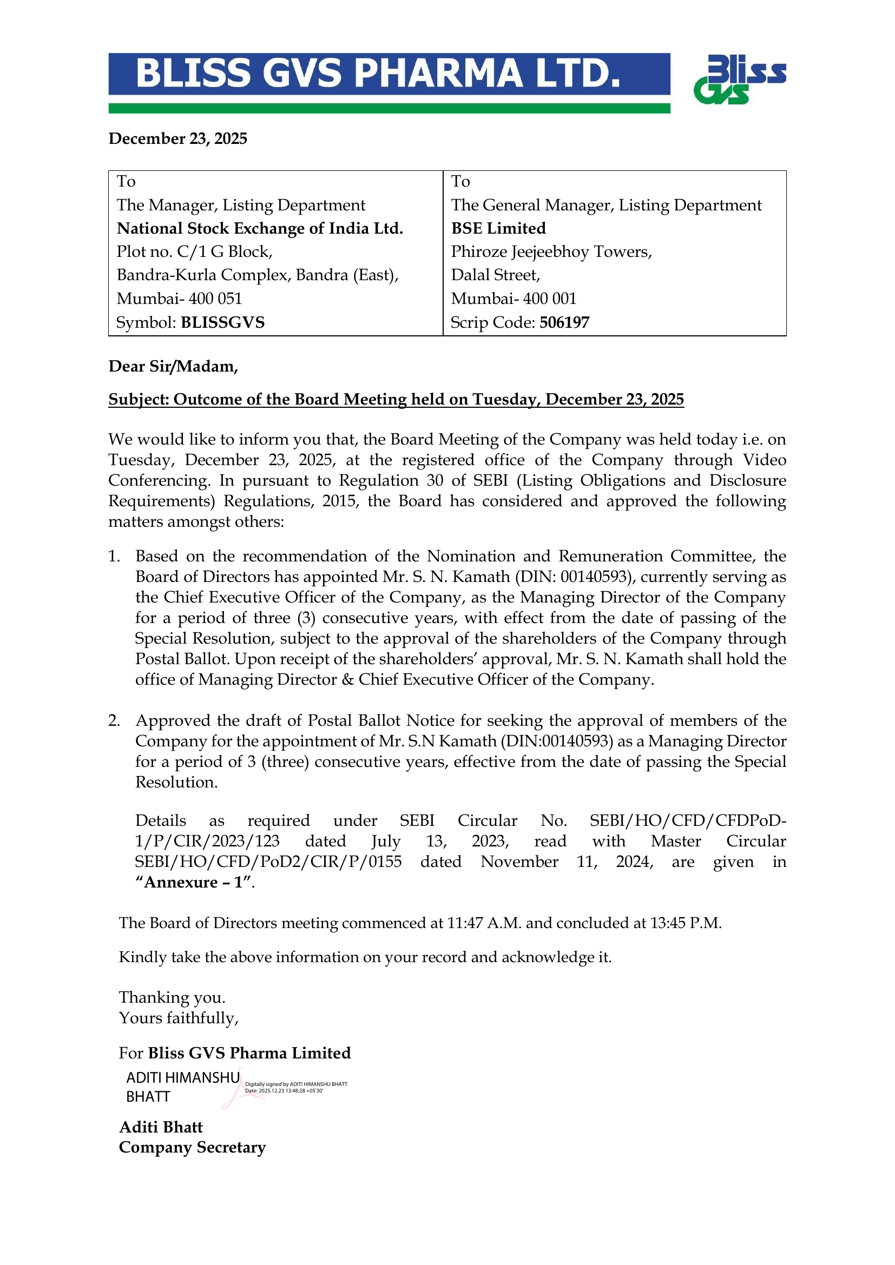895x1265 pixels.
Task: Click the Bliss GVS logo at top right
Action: coord(739,80)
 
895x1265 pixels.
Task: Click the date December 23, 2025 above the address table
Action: coord(177,138)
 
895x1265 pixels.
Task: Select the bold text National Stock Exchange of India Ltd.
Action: coord(260,228)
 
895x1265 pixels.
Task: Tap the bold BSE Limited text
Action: coord(498,228)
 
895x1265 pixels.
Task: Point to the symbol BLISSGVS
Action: coord(222,322)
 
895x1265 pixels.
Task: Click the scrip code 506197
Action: coord(564,322)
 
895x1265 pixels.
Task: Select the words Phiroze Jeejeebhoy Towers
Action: coord(551,252)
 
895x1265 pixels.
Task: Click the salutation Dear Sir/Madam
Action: coord(173,366)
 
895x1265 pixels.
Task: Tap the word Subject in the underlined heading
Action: coord(138,400)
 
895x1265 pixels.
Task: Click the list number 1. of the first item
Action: coord(114,557)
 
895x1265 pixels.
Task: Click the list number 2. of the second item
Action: coord(114,720)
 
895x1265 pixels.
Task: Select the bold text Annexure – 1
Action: coord(194,883)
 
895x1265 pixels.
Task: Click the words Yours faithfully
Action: coord(179,1018)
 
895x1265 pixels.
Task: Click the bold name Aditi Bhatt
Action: coord(161,1127)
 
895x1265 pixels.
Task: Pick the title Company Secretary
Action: coord(192,1148)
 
